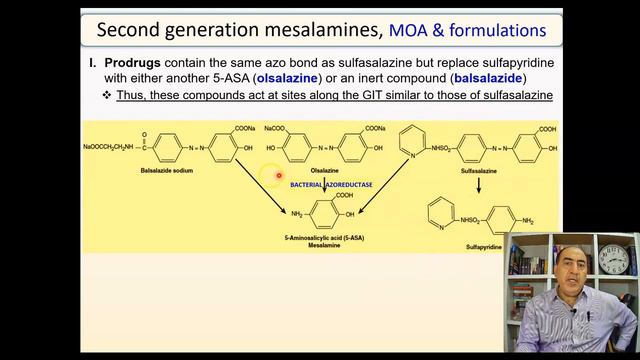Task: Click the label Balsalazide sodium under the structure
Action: (x=167, y=171)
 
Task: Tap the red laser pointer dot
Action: (x=279, y=176)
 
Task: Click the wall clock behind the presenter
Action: (x=615, y=259)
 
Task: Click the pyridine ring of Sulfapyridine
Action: (x=441, y=213)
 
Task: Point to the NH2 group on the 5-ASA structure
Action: (x=297, y=214)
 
